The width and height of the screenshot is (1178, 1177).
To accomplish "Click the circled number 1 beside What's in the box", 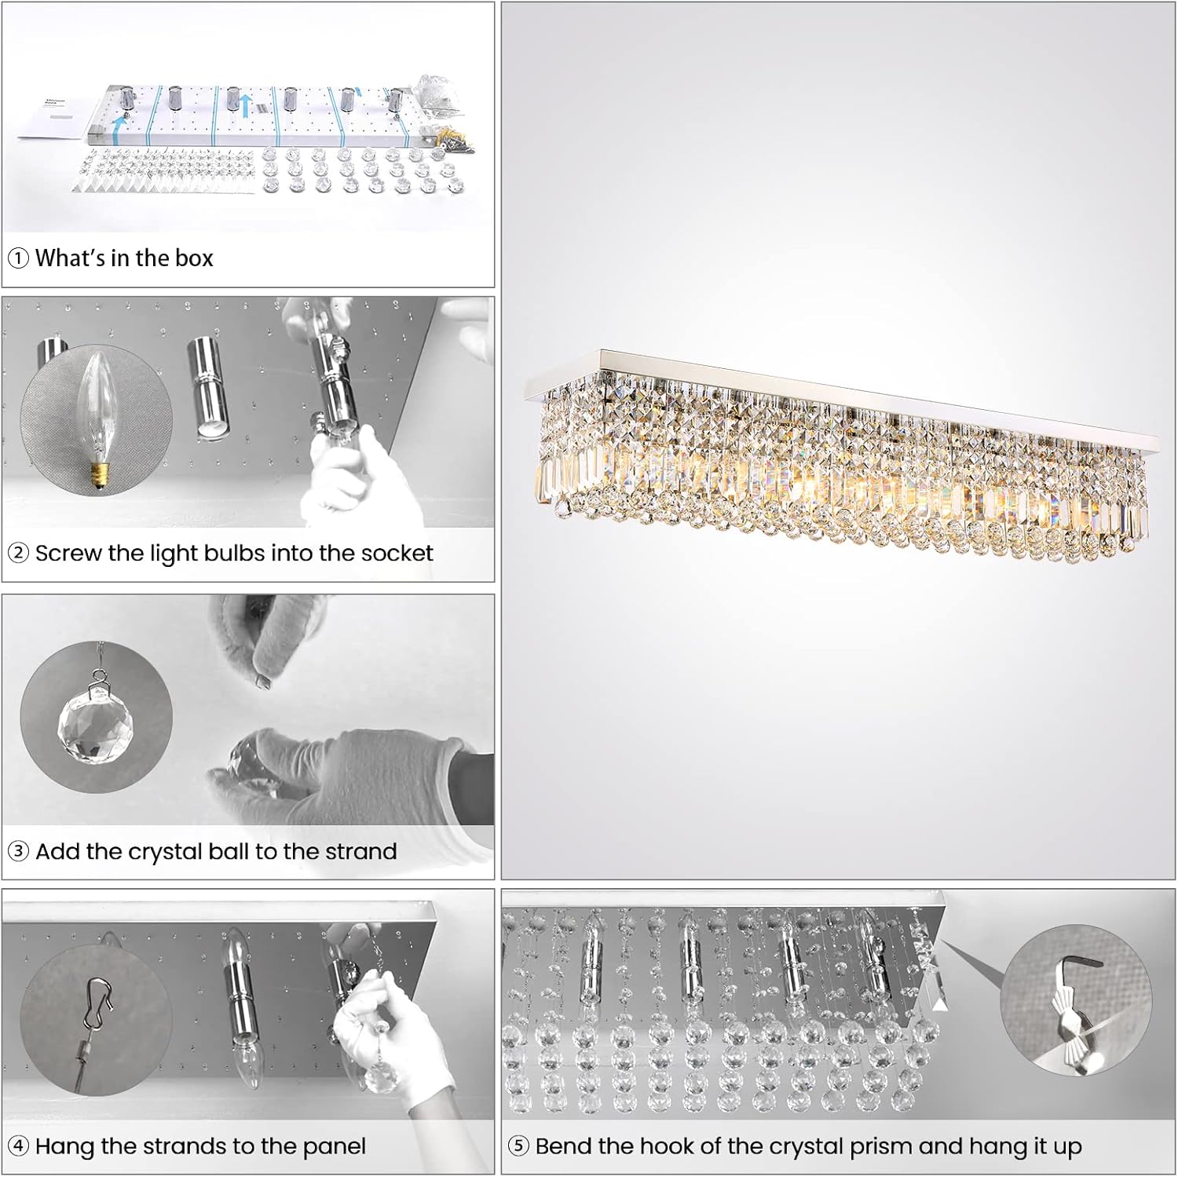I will (x=18, y=258).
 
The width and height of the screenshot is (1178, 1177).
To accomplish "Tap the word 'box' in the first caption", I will (x=194, y=258).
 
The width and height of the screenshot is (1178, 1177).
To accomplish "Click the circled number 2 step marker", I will (x=18, y=554).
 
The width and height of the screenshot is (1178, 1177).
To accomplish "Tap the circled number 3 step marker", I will (x=18, y=852).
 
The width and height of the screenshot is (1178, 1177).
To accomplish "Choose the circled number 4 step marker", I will (x=18, y=1147).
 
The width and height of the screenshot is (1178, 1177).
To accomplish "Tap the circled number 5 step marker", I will (x=518, y=1147).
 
